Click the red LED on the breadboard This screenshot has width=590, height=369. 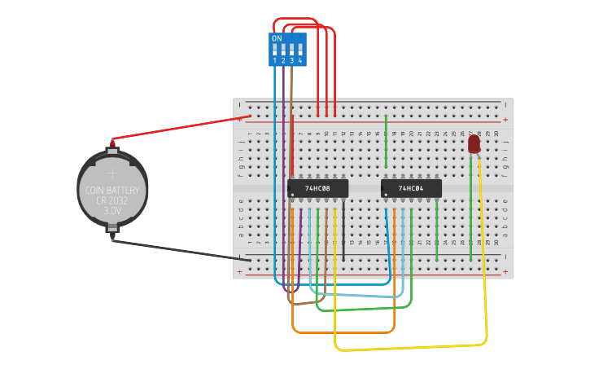[474, 144]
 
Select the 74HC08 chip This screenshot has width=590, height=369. [317, 188]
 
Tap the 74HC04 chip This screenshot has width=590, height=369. [412, 188]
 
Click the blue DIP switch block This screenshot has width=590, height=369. [287, 50]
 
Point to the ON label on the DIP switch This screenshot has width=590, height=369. [277, 38]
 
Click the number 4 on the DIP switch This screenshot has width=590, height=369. [300, 61]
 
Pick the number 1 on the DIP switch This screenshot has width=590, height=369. [275, 61]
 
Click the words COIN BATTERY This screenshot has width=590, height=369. [112, 191]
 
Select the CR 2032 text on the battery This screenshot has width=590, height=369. [112, 200]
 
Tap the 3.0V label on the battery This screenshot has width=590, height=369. [112, 210]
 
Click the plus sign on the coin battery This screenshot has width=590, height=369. [113, 173]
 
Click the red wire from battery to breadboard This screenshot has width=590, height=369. [179, 129]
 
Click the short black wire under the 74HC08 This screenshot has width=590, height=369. [343, 232]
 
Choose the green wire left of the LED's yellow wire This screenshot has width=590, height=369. [470, 212]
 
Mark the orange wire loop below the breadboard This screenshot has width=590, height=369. [342, 332]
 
